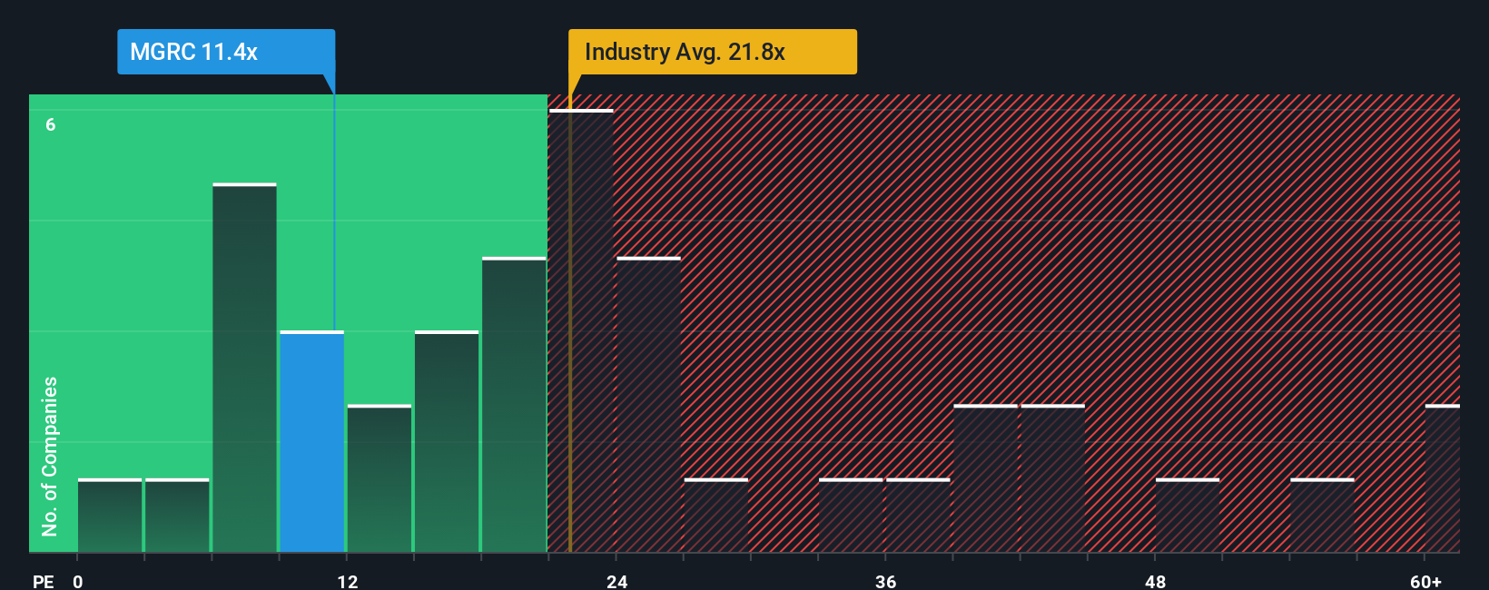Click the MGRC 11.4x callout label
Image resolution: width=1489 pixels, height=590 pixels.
[225, 52]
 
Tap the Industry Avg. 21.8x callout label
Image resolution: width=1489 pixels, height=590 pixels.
[712, 52]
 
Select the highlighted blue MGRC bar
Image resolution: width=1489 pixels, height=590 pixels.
[311, 442]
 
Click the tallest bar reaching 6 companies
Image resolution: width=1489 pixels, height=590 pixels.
[581, 331]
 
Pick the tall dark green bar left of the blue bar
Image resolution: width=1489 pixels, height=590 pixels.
[244, 368]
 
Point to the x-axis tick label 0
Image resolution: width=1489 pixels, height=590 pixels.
[78, 581]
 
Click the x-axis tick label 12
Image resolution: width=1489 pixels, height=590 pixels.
[348, 581]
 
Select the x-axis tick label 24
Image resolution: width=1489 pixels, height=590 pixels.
[617, 581]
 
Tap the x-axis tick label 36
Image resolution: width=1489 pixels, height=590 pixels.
[886, 581]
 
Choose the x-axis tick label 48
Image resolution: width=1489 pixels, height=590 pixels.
[1155, 581]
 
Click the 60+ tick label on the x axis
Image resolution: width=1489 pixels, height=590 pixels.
[1425, 581]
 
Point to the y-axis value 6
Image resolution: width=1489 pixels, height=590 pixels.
[51, 125]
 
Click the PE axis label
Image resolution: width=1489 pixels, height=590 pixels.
[43, 581]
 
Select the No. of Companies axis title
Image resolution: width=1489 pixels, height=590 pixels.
[50, 457]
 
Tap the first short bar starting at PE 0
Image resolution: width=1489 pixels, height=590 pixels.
[110, 516]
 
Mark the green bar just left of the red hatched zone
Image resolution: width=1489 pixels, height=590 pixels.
[514, 405]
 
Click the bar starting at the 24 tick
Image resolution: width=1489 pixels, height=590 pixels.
[648, 405]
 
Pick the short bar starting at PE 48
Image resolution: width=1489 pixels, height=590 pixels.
[1187, 516]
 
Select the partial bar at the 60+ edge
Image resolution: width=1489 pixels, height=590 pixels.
[1442, 478]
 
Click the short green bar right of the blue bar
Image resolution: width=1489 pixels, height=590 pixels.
[380, 478]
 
